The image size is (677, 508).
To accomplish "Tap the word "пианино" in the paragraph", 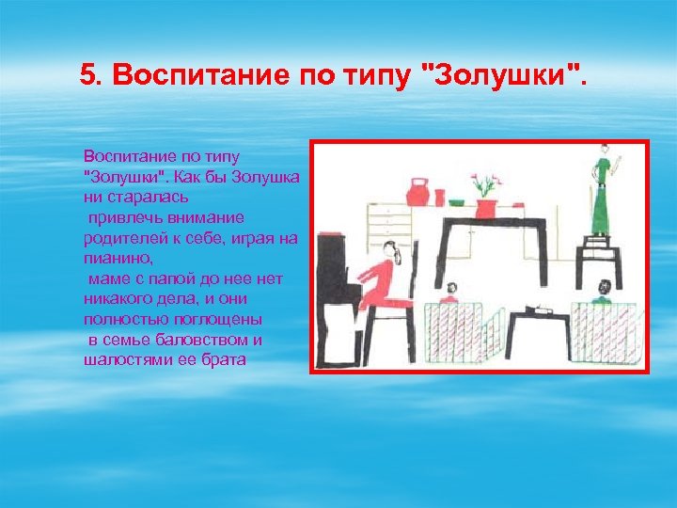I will click(x=113, y=255).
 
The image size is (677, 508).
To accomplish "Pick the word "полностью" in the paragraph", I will click(x=120, y=323).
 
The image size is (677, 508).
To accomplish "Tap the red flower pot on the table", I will click(x=486, y=208).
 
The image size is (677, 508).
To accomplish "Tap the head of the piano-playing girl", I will click(x=391, y=251).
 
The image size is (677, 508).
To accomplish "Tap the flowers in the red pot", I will click(x=485, y=183).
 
